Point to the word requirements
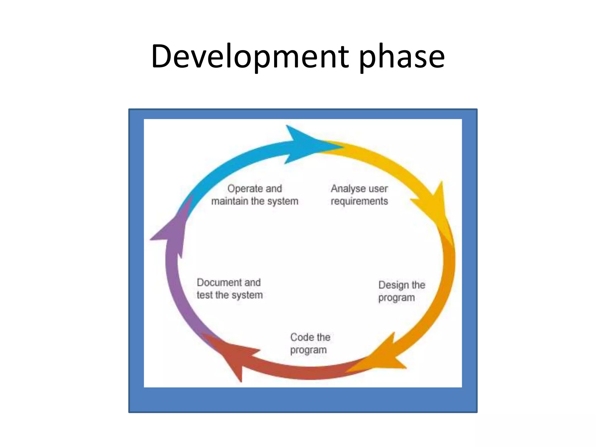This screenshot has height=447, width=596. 359,201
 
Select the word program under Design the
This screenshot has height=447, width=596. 396,298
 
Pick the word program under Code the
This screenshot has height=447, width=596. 308,350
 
